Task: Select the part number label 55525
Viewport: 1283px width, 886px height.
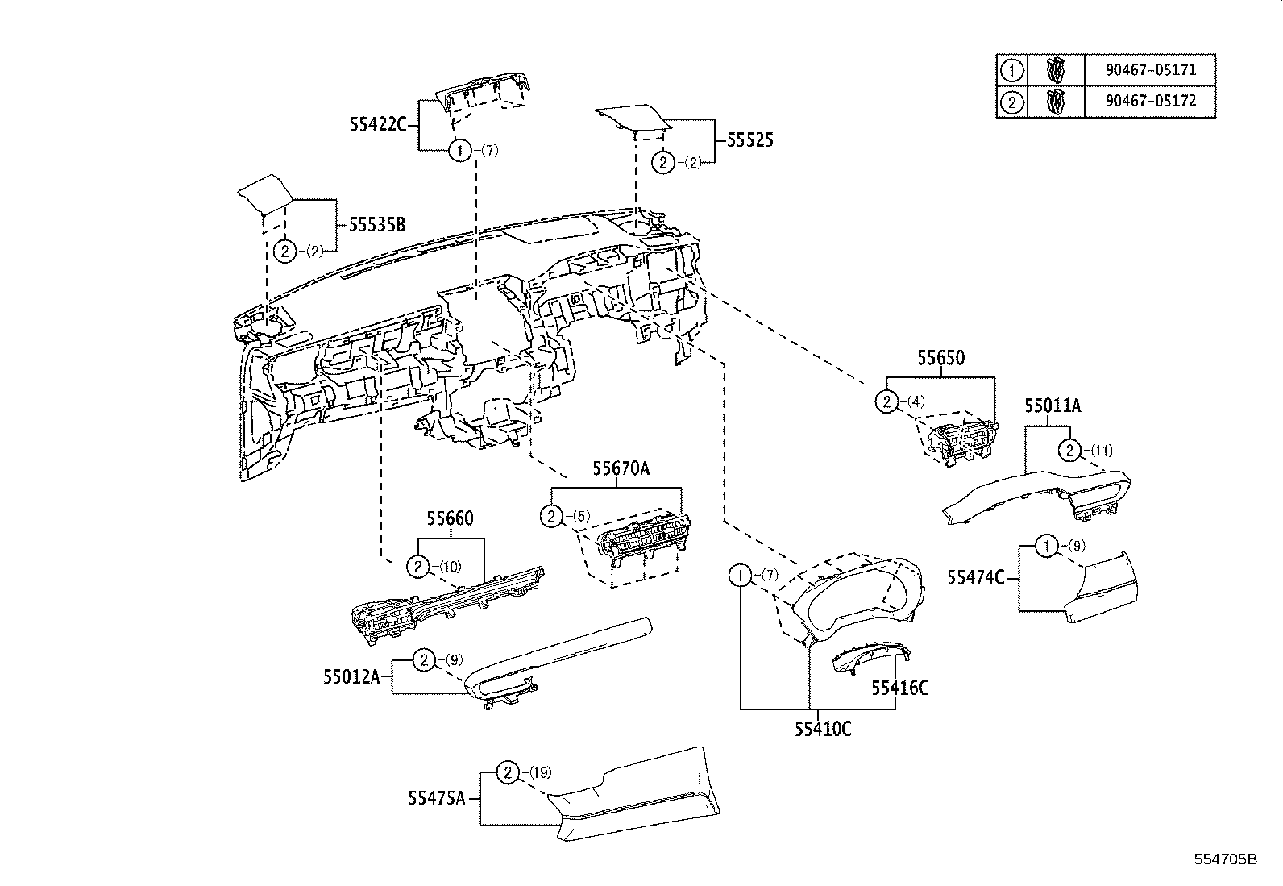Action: [x=749, y=140]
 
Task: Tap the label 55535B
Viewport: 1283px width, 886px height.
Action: [x=376, y=225]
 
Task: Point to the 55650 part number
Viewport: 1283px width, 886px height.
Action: [x=940, y=358]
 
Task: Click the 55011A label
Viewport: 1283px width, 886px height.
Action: [x=1053, y=407]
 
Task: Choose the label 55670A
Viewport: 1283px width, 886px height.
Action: [x=621, y=468]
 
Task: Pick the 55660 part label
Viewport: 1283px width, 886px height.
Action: [x=450, y=518]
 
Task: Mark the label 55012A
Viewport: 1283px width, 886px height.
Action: [x=351, y=677]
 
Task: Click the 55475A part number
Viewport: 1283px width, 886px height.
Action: [x=437, y=798]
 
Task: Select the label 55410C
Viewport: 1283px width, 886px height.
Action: [x=823, y=729]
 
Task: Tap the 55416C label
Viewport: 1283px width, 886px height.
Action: [x=899, y=688]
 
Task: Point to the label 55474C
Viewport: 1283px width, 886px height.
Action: [x=976, y=577]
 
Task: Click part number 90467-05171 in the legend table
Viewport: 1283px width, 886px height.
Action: [x=1149, y=70]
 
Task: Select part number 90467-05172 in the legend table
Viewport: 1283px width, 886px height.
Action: [x=1149, y=102]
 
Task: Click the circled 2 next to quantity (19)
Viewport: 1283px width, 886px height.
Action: [x=507, y=773]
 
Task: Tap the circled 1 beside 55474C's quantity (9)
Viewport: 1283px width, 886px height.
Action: [x=1045, y=547]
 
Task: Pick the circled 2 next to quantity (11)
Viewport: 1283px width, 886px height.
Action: [x=1069, y=450]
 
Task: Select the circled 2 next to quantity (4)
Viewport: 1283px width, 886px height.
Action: [x=886, y=401]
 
